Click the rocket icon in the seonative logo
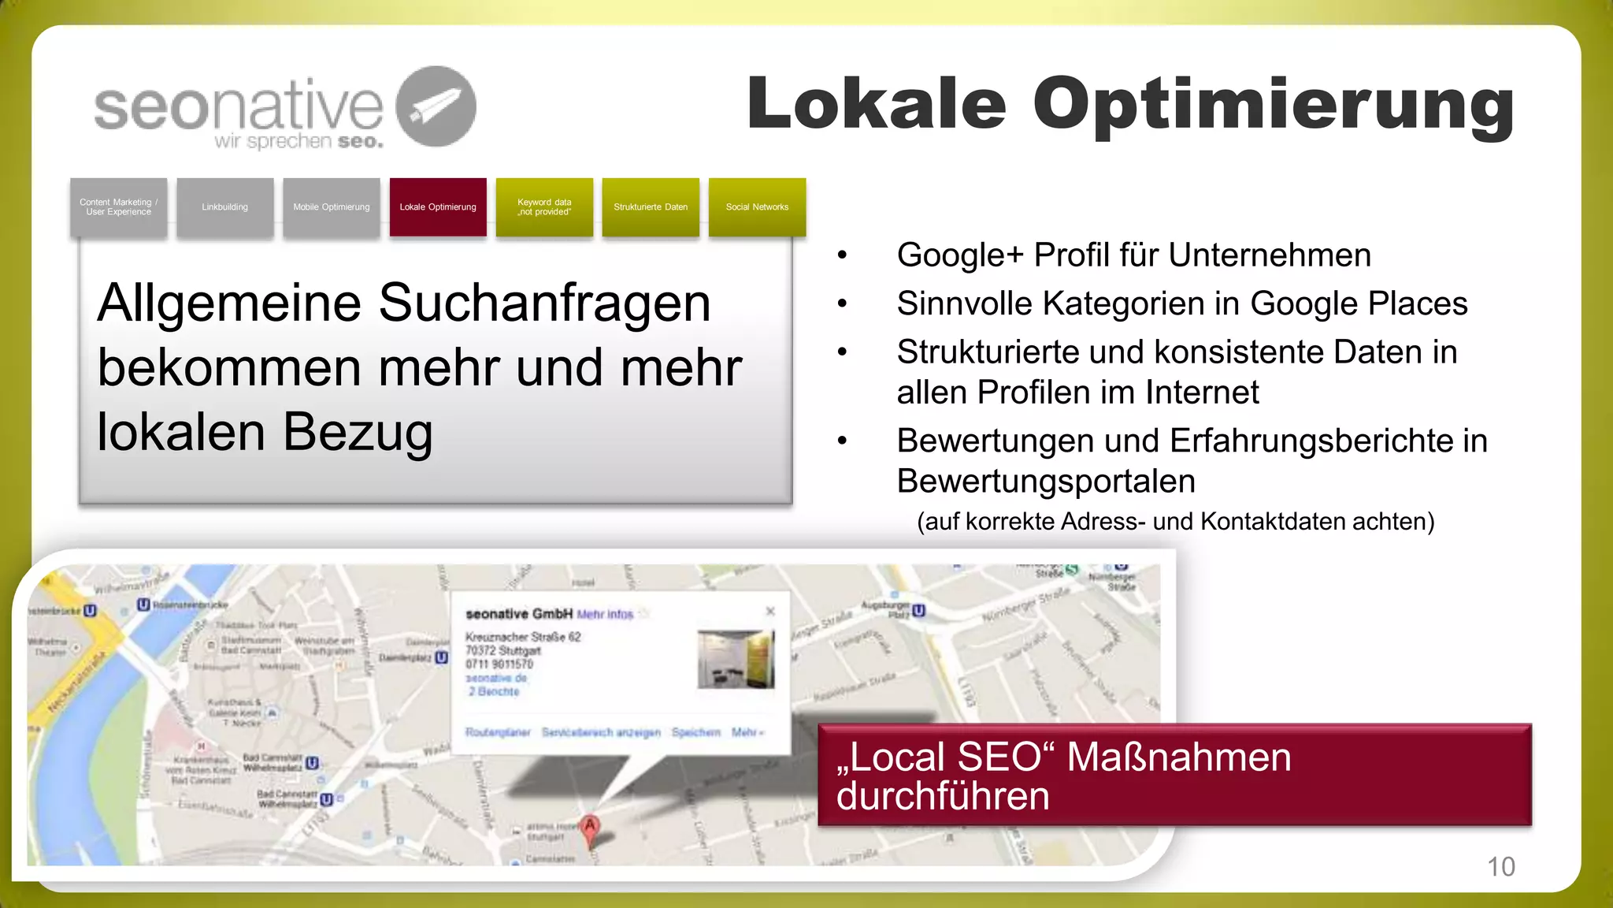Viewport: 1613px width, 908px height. point(436,106)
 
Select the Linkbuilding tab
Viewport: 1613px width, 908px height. point(224,207)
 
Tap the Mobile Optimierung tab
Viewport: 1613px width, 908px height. point(331,207)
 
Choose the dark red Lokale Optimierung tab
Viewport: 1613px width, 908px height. point(438,207)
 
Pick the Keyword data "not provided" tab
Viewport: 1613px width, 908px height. point(544,207)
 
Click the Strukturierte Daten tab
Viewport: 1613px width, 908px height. point(651,207)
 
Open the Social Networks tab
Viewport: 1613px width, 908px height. point(757,207)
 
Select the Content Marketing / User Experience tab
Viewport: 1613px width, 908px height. point(118,207)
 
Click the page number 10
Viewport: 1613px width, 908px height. point(1500,866)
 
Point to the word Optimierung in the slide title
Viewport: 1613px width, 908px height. point(1274,105)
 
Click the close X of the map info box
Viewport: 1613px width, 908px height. point(770,611)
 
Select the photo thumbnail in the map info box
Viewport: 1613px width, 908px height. point(736,659)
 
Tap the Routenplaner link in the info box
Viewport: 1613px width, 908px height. point(498,732)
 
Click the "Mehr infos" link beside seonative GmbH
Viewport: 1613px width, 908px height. point(605,614)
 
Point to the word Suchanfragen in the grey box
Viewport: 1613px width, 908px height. point(544,303)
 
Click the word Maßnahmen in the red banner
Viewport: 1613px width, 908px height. point(1178,757)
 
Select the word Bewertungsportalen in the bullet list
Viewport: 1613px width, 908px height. point(1046,481)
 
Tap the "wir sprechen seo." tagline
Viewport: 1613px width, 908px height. point(298,142)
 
